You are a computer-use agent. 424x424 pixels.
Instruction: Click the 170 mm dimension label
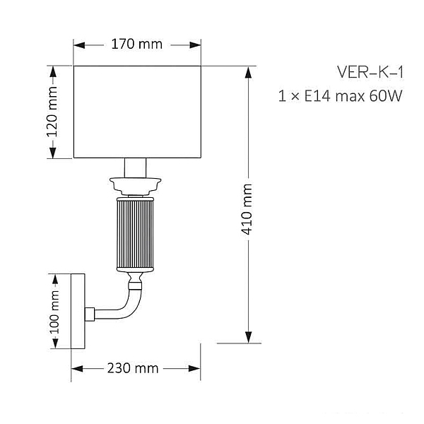tap(137, 44)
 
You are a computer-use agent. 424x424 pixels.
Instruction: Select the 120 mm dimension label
tap(52, 112)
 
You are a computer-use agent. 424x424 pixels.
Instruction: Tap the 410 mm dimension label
tap(247, 209)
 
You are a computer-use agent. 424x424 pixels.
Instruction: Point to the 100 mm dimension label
tap(54, 312)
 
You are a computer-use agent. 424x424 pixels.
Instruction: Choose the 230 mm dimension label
tap(133, 368)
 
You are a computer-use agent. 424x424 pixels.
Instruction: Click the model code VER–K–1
tap(370, 73)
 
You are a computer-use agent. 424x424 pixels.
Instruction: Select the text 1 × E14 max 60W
tap(341, 95)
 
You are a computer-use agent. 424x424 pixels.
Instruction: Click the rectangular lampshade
tap(137, 112)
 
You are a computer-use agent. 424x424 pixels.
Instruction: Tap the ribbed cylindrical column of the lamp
tap(135, 234)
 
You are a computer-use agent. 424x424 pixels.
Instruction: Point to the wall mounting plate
tap(78, 311)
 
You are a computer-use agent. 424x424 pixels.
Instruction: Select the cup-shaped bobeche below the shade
tap(135, 186)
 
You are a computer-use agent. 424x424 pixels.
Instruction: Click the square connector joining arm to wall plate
tap(90, 314)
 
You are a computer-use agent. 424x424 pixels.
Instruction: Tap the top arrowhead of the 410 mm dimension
tap(248, 72)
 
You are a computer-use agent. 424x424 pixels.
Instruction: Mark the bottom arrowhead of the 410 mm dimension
tap(248, 337)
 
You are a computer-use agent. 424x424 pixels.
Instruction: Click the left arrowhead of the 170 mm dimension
tap(79, 45)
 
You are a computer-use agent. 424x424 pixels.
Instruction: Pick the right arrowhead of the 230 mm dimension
tap(194, 368)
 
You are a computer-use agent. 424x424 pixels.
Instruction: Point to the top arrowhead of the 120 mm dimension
tap(53, 72)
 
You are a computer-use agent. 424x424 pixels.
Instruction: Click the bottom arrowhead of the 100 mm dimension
tap(55, 343)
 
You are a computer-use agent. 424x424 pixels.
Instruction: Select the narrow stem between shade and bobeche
tap(135, 167)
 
